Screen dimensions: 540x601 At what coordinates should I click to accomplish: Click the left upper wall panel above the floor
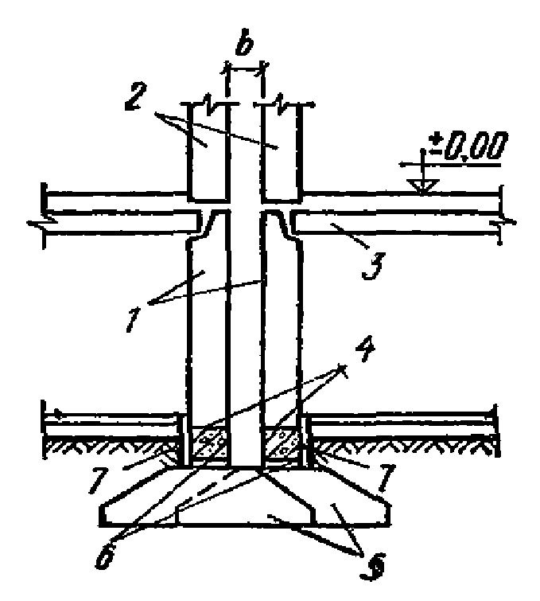coord(205,151)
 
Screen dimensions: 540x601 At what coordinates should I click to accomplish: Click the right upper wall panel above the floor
coord(282,151)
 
